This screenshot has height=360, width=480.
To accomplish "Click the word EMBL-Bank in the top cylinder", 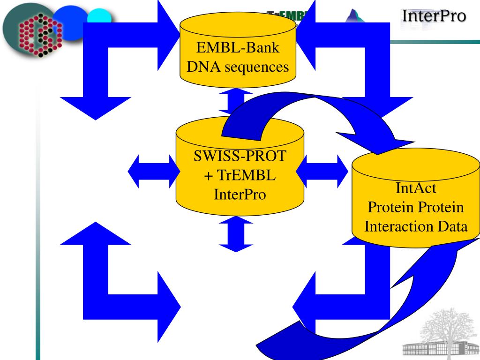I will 238,49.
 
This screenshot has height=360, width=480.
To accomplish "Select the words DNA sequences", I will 238,67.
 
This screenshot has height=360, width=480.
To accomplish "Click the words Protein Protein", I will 416,208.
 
